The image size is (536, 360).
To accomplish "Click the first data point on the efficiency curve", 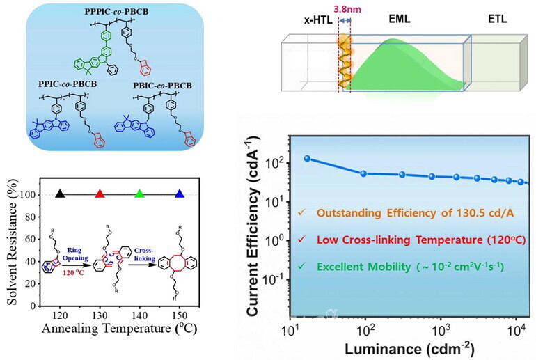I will pyautogui.click(x=307, y=158).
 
